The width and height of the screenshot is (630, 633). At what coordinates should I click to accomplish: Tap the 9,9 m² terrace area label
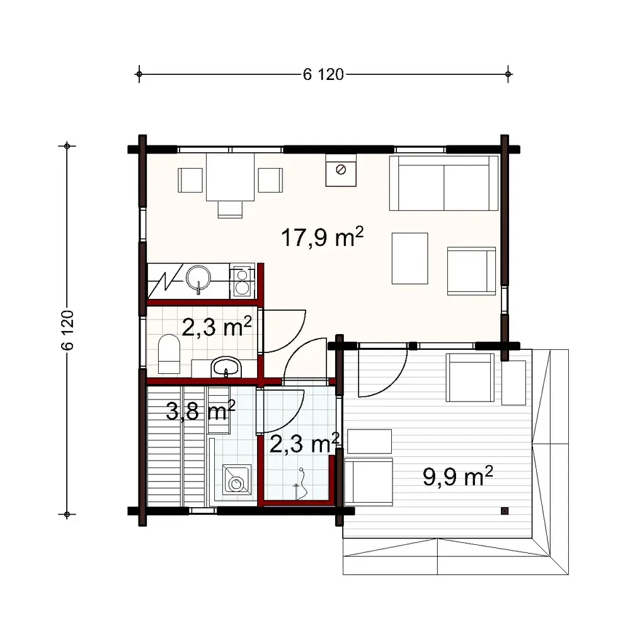[457, 476]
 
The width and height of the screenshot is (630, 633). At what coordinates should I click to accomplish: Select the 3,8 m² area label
[200, 412]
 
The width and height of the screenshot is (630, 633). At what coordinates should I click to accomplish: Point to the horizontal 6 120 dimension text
[323, 75]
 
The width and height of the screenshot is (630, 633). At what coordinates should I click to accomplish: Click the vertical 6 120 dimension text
[69, 330]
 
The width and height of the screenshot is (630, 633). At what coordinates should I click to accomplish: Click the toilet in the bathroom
[169, 354]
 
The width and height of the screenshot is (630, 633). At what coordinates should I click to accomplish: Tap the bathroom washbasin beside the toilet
[225, 367]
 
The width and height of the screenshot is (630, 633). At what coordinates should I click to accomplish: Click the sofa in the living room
[444, 182]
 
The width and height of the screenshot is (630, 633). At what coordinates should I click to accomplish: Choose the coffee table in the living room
[409, 258]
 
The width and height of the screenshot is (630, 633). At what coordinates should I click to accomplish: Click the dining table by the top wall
[230, 177]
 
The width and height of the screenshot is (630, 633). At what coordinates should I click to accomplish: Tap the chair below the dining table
[230, 208]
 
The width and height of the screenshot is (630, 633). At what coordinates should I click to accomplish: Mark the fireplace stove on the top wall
[340, 170]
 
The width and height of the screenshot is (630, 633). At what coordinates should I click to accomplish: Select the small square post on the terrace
[504, 510]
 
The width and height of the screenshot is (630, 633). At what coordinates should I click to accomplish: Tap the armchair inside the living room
[471, 271]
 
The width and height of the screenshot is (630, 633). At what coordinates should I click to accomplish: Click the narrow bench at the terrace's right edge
[513, 383]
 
